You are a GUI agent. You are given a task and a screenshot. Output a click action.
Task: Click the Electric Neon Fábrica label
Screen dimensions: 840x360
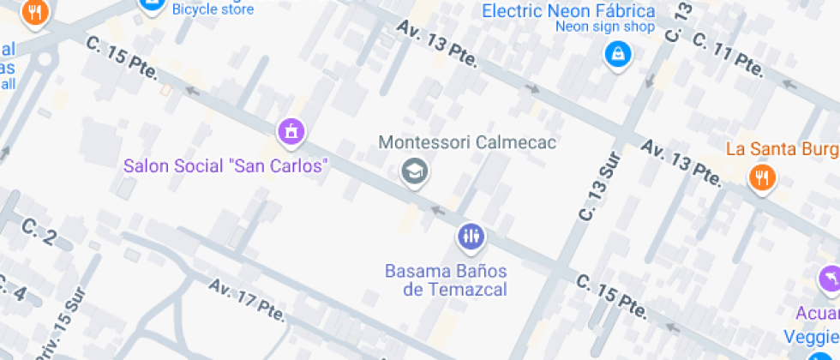click(x=568, y=11)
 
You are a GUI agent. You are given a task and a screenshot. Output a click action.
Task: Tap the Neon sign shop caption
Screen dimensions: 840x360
click(x=605, y=27)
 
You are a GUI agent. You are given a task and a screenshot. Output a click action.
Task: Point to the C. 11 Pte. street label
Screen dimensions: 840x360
click(x=728, y=53)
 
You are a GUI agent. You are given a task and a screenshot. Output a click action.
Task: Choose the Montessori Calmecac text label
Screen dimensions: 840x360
click(x=467, y=142)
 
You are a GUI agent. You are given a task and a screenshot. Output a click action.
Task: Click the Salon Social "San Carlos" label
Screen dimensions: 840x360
click(x=226, y=165)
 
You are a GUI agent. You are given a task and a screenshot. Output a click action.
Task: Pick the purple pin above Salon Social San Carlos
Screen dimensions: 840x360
click(x=291, y=132)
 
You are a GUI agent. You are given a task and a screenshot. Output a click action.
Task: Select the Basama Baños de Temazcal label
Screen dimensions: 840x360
click(x=446, y=280)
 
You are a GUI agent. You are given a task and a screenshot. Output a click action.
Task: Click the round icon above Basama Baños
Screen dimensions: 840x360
click(x=471, y=237)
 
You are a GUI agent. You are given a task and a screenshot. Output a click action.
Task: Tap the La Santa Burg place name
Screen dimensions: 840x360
click(x=782, y=149)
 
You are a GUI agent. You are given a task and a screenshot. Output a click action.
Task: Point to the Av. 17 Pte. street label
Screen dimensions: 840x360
click(x=246, y=300)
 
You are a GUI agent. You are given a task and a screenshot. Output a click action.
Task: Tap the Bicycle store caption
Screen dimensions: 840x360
click(x=213, y=9)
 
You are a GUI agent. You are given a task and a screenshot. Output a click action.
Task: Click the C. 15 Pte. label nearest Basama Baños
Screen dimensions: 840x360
click(x=611, y=294)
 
